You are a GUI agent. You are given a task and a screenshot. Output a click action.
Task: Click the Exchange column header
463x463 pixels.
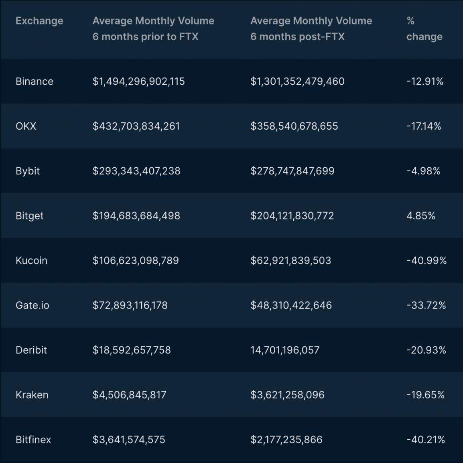pyautogui.click(x=39, y=21)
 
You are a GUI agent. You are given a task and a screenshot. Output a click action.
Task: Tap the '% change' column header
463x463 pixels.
pyautogui.click(x=424, y=29)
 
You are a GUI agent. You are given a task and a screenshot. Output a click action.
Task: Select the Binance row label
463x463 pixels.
pyautogui.click(x=35, y=81)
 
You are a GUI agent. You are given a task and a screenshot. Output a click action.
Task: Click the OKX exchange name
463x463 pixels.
pyautogui.click(x=26, y=126)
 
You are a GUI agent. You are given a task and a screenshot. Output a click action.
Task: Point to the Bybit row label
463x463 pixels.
pyautogui.click(x=28, y=171)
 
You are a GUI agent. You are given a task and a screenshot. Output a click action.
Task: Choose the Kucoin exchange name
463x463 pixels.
pyautogui.click(x=31, y=261)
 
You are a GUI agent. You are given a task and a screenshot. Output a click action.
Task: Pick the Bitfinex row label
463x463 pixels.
pyautogui.click(x=33, y=440)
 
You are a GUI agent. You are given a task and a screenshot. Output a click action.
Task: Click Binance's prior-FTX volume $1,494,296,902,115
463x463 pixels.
pyautogui.click(x=138, y=81)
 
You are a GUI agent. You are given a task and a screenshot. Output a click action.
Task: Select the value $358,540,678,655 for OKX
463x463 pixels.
pyautogui.click(x=294, y=126)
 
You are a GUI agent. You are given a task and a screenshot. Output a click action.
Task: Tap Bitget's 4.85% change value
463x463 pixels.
pyautogui.click(x=420, y=216)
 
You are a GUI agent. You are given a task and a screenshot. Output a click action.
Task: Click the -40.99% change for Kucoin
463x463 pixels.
pyautogui.click(x=426, y=261)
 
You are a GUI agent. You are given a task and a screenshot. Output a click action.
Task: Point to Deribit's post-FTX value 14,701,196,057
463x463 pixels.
pyautogui.click(x=285, y=350)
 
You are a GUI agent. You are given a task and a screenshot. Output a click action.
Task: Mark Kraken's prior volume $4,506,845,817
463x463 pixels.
pyautogui.click(x=129, y=395)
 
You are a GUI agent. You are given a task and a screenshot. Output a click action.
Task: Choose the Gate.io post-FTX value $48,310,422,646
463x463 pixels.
pyautogui.click(x=291, y=305)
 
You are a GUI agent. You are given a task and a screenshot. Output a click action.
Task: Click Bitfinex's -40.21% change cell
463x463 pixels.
pyautogui.click(x=425, y=440)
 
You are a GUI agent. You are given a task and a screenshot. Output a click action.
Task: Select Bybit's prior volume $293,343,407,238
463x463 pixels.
pyautogui.click(x=136, y=171)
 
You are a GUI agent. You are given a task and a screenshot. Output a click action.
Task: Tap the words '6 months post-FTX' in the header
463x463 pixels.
pyautogui.click(x=297, y=37)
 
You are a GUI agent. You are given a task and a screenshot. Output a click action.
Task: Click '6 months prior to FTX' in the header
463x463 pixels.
pyautogui.click(x=145, y=37)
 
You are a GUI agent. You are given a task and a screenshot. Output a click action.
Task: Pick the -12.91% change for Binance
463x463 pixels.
pyautogui.click(x=424, y=81)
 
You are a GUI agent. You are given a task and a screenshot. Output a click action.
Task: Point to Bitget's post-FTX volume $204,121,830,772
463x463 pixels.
pyautogui.click(x=292, y=216)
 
